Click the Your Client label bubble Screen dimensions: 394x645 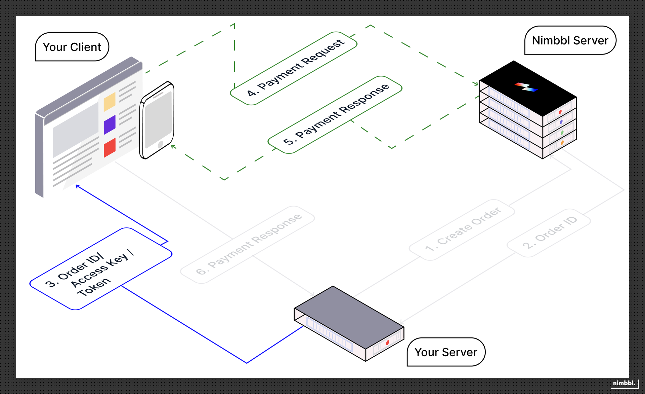(72, 47)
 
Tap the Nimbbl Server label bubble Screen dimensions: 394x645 (570, 40)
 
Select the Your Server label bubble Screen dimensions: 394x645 (446, 352)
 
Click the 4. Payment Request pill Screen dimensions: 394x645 (294, 69)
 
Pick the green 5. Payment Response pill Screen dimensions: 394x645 (335, 115)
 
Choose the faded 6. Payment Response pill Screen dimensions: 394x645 (248, 245)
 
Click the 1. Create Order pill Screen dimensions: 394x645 (462, 230)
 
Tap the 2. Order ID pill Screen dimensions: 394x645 (549, 233)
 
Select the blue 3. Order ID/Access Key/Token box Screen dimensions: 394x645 (101, 269)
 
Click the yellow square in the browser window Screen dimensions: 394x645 (110, 102)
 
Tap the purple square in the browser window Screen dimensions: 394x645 (110, 124)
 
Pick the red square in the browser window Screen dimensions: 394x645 (110, 147)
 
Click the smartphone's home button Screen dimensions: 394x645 (160, 144)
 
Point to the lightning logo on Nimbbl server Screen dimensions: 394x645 (526, 87)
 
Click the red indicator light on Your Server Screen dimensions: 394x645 (387, 343)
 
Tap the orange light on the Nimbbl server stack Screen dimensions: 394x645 (562, 143)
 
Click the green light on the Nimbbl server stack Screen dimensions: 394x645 (562, 133)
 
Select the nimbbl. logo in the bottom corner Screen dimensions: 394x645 (624, 383)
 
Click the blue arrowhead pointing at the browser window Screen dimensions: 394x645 (77, 186)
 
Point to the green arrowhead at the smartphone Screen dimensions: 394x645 (173, 146)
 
